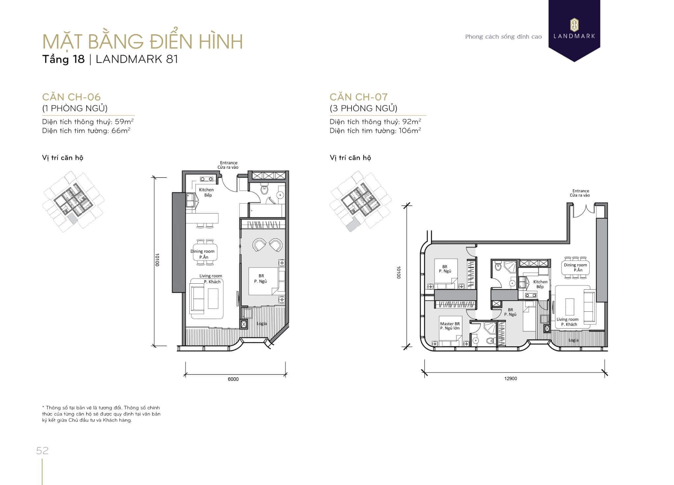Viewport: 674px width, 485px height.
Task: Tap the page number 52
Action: (42, 450)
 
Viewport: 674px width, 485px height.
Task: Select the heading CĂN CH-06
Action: (71, 97)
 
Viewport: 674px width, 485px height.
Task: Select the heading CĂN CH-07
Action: (359, 97)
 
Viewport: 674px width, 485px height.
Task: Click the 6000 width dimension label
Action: (233, 379)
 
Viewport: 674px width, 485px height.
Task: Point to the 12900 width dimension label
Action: (511, 379)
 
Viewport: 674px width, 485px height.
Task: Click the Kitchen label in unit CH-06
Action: (206, 190)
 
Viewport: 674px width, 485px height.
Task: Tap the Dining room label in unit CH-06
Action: (202, 251)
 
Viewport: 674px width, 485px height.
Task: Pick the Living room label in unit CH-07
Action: (567, 319)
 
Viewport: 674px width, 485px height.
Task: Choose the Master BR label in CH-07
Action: (450, 324)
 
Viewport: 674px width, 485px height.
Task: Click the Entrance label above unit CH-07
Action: (581, 191)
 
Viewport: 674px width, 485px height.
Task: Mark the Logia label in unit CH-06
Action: (262, 324)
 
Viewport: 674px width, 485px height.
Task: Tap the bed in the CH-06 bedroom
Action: (267, 281)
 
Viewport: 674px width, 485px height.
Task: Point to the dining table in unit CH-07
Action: (575, 268)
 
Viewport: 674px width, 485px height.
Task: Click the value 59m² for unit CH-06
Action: (124, 122)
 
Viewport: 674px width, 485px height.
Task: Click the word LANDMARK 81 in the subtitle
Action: (137, 59)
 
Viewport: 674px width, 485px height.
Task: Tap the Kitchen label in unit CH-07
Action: (540, 282)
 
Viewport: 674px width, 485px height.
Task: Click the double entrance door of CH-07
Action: (584, 211)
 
